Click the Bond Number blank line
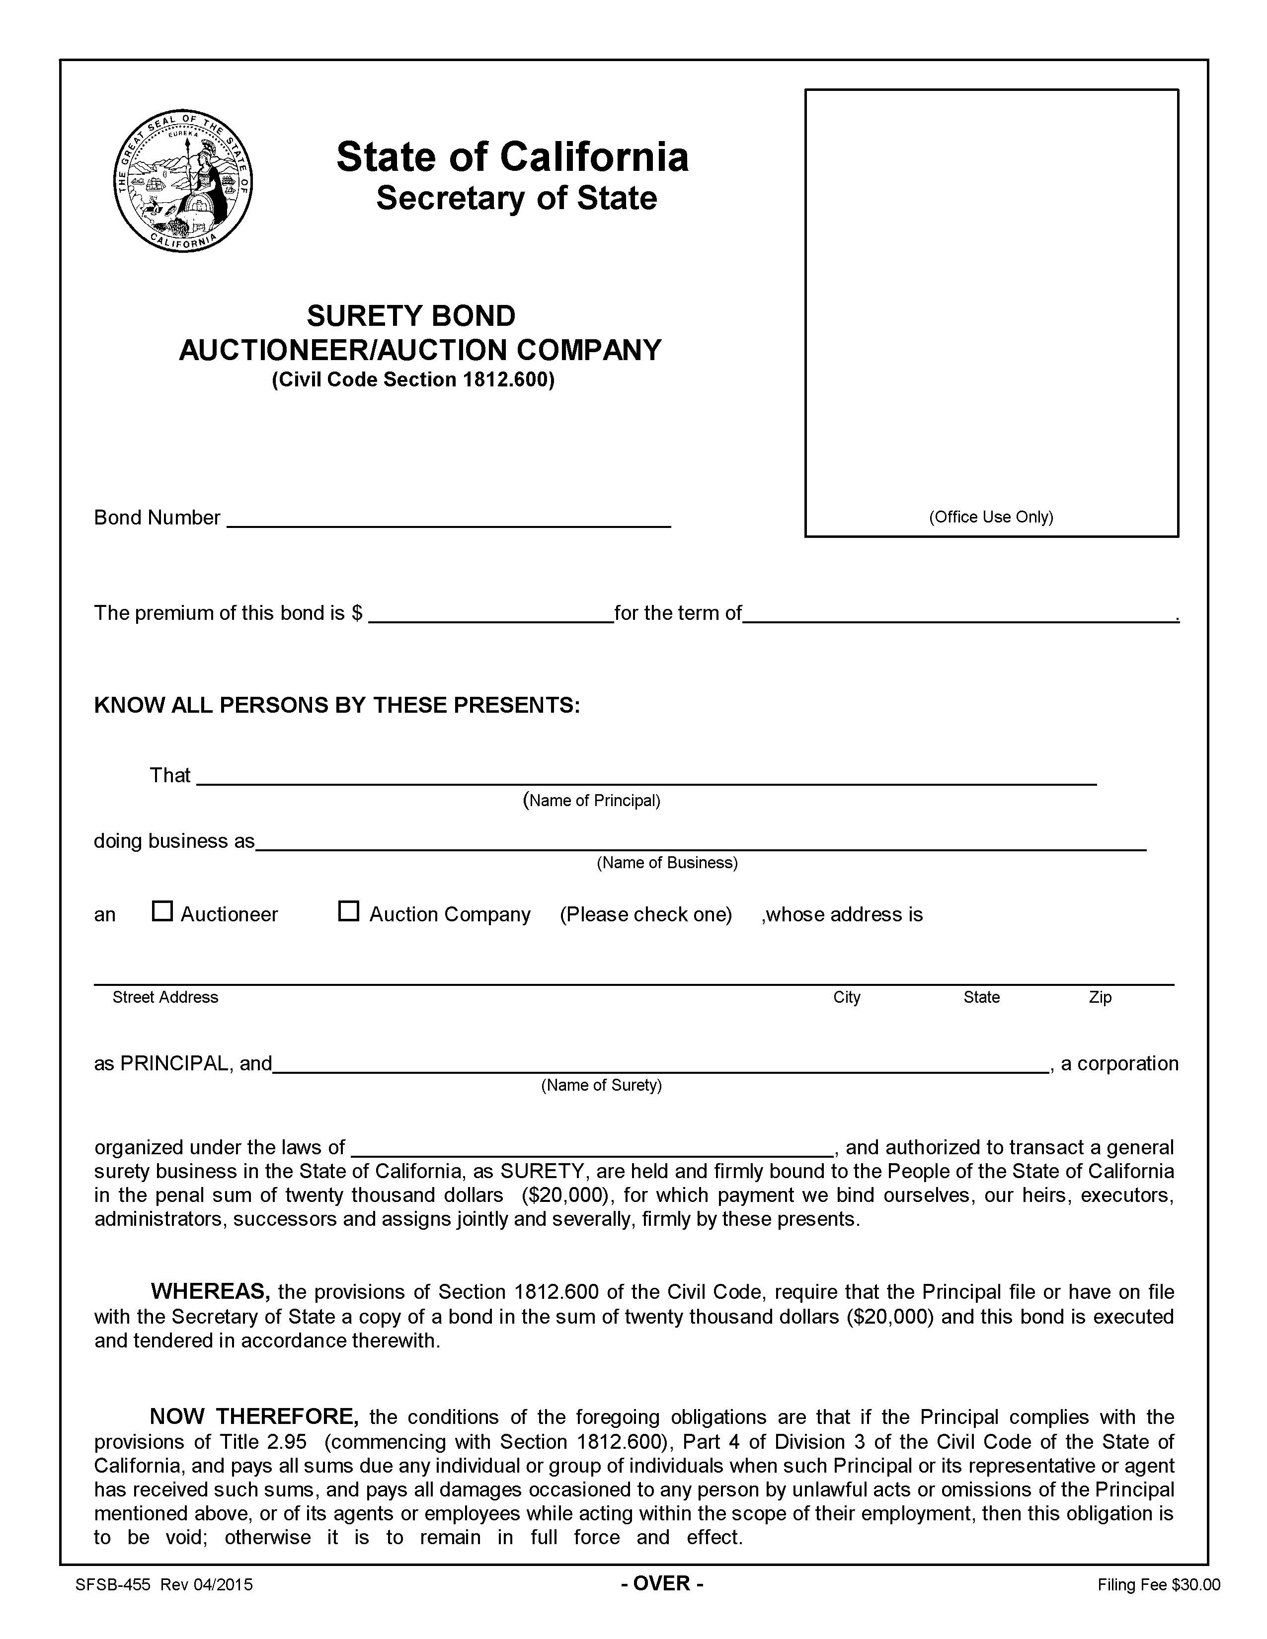[x=448, y=520]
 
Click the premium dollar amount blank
[x=491, y=615]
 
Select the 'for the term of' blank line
[x=959, y=615]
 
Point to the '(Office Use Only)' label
[x=991, y=517]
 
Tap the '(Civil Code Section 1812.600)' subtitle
[x=413, y=380]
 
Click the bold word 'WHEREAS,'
[x=210, y=1291]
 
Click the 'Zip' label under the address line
[x=1100, y=997]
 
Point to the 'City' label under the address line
[x=846, y=997]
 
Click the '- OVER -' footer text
[x=661, y=1583]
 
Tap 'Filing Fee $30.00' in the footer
[x=1158, y=1585]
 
